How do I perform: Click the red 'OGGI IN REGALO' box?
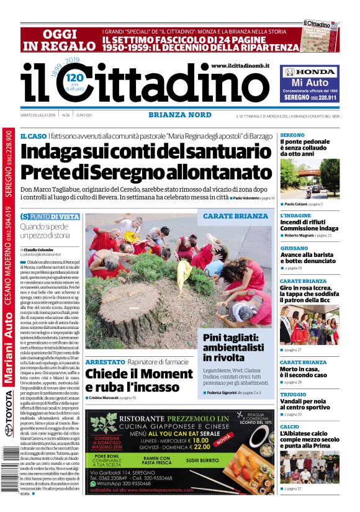coord(60,39)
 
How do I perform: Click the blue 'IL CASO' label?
coord(33,135)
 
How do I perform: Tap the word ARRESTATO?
coord(106,361)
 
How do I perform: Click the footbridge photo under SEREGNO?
coord(309,179)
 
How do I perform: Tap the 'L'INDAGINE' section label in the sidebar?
coord(295,215)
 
